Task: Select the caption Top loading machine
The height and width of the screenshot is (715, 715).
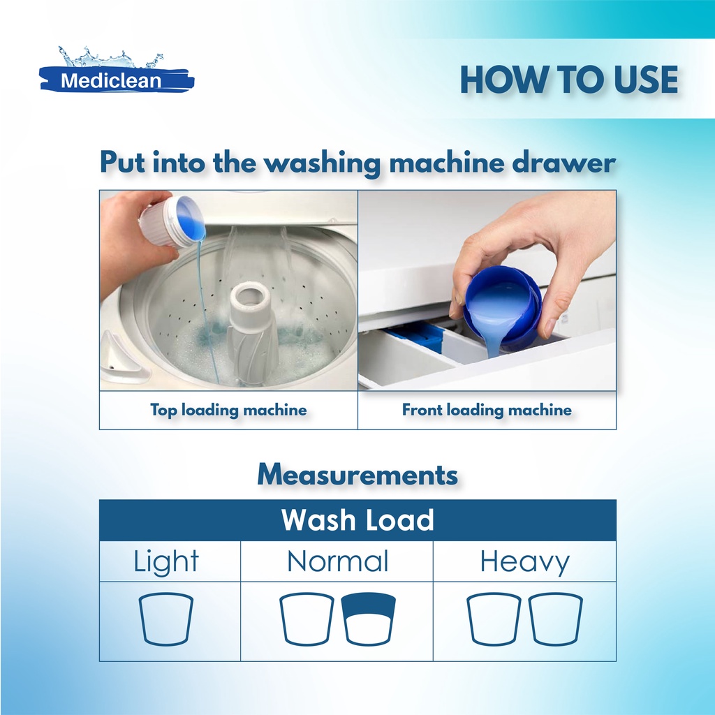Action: click(x=228, y=410)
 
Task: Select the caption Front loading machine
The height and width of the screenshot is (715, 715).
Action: click(x=487, y=410)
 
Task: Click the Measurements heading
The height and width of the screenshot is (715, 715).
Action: click(x=357, y=474)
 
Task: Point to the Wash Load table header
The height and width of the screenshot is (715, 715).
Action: click(x=357, y=519)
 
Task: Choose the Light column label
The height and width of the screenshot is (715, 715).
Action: click(x=166, y=562)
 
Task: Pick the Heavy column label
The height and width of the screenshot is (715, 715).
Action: click(x=524, y=562)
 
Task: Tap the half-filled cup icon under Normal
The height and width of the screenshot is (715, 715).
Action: click(x=369, y=619)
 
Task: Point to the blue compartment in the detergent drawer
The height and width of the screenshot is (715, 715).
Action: click(x=418, y=336)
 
